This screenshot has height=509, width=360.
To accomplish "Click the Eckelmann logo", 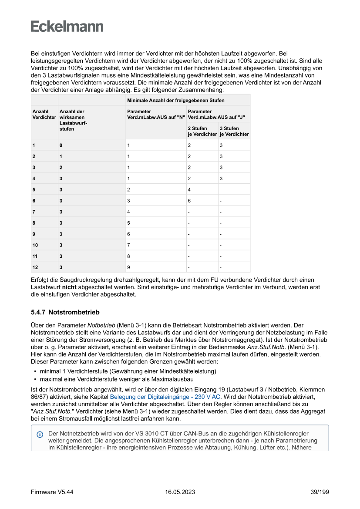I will (67, 27).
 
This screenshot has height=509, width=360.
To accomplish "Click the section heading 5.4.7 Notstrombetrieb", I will (65, 312).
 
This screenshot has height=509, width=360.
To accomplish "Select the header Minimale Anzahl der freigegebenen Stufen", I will (175, 101).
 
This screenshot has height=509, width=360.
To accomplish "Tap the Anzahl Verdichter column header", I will (44, 115).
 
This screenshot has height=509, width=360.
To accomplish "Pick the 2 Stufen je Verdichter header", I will (202, 131).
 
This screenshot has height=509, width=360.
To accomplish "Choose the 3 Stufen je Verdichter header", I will (234, 131).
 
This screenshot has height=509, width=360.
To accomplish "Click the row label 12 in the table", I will (35, 267).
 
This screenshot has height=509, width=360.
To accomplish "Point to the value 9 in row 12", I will (128, 267).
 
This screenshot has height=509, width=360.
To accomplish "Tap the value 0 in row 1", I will (61, 145).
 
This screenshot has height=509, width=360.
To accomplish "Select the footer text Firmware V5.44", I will (52, 492).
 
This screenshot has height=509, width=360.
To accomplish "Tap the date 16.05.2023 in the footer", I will (180, 492).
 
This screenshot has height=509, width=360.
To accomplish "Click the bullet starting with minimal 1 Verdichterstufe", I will (128, 371).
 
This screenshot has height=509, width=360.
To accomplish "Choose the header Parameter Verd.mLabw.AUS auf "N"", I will (156, 115).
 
